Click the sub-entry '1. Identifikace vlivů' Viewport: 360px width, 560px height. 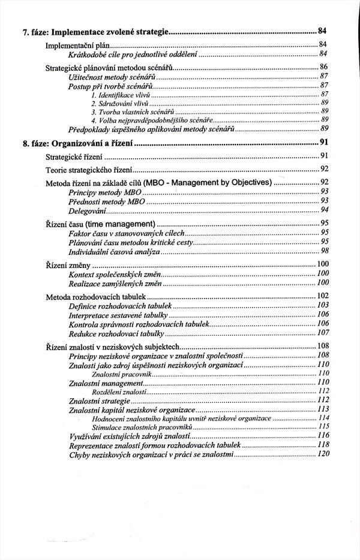(x=120, y=94)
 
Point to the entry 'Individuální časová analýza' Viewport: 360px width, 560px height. (x=115, y=251)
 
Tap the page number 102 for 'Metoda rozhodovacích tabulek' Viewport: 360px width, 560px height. (x=323, y=296)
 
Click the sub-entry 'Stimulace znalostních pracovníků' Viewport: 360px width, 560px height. (x=128, y=426)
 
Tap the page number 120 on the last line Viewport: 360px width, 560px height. (x=323, y=454)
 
